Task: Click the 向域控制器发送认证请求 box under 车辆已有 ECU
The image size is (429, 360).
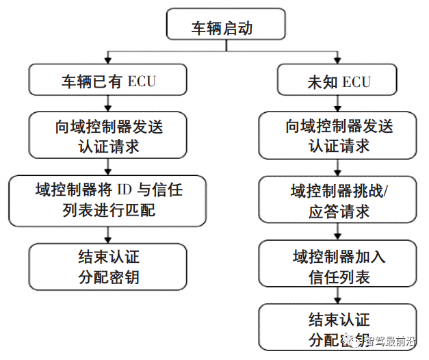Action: tap(108, 136)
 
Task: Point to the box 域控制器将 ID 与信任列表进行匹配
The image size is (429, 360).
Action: tap(108, 199)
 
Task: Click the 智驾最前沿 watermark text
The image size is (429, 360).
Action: tap(389, 340)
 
